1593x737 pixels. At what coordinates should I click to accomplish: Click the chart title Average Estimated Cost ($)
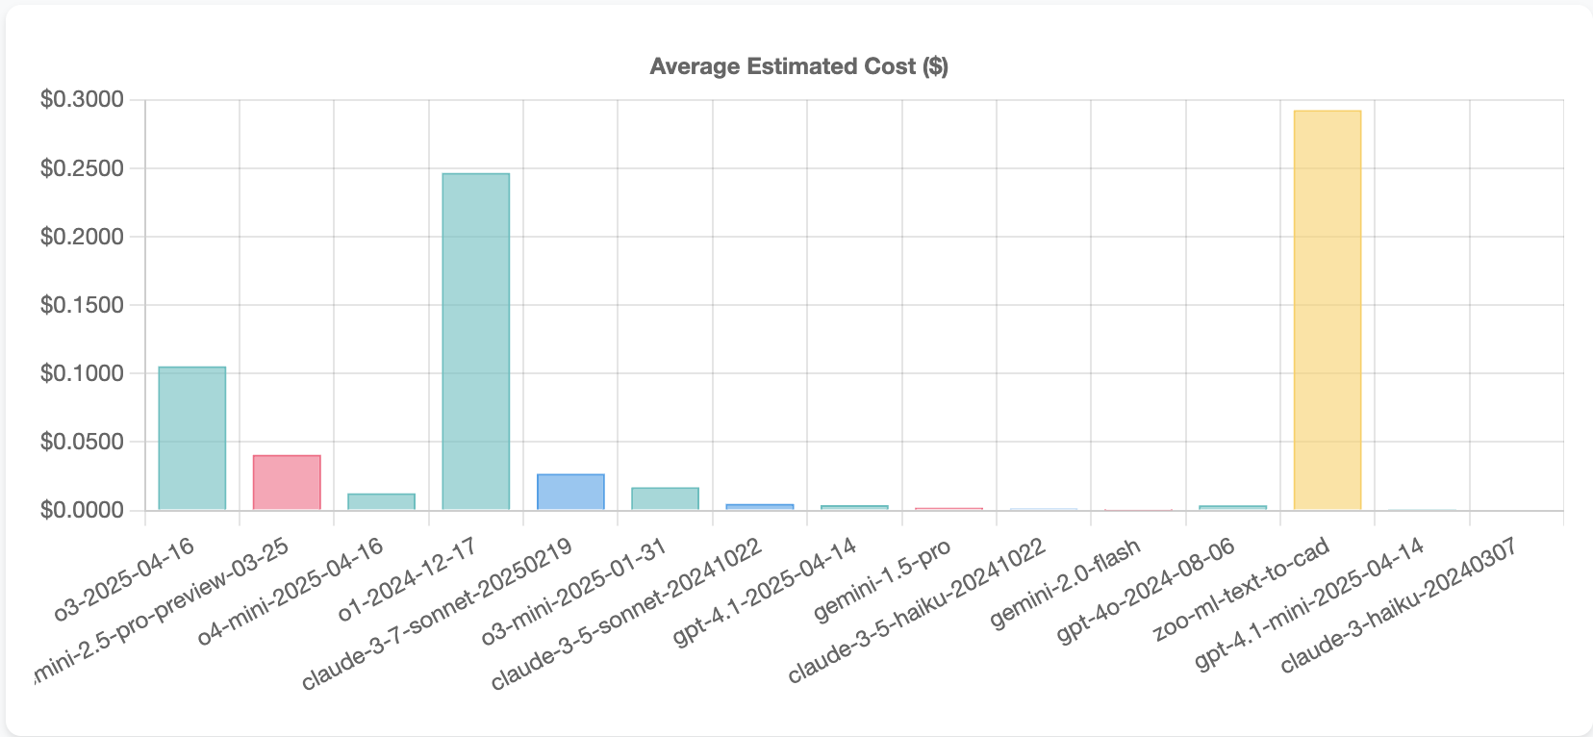[x=798, y=66]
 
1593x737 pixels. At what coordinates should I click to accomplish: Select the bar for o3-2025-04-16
[x=192, y=438]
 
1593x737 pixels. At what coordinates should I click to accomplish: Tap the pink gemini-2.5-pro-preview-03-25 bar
[x=287, y=482]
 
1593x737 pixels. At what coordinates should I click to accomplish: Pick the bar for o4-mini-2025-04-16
[x=381, y=501]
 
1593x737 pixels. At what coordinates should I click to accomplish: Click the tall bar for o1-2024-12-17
[x=476, y=342]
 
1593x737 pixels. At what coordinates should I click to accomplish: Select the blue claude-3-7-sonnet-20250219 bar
[x=570, y=492]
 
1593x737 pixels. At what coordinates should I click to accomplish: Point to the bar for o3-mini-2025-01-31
[x=665, y=498]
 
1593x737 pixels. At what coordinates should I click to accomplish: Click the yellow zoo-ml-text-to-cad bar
[x=1327, y=310]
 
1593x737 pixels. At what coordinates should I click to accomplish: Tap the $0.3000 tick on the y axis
[x=83, y=100]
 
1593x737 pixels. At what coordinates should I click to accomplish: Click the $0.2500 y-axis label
[x=83, y=168]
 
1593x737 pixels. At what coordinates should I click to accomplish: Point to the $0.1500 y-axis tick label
[x=83, y=305]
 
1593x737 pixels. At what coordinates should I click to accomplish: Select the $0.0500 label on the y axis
[x=83, y=442]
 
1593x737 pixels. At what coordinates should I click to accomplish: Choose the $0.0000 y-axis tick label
[x=83, y=510]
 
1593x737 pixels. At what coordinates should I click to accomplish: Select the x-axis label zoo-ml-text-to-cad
[x=1242, y=590]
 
